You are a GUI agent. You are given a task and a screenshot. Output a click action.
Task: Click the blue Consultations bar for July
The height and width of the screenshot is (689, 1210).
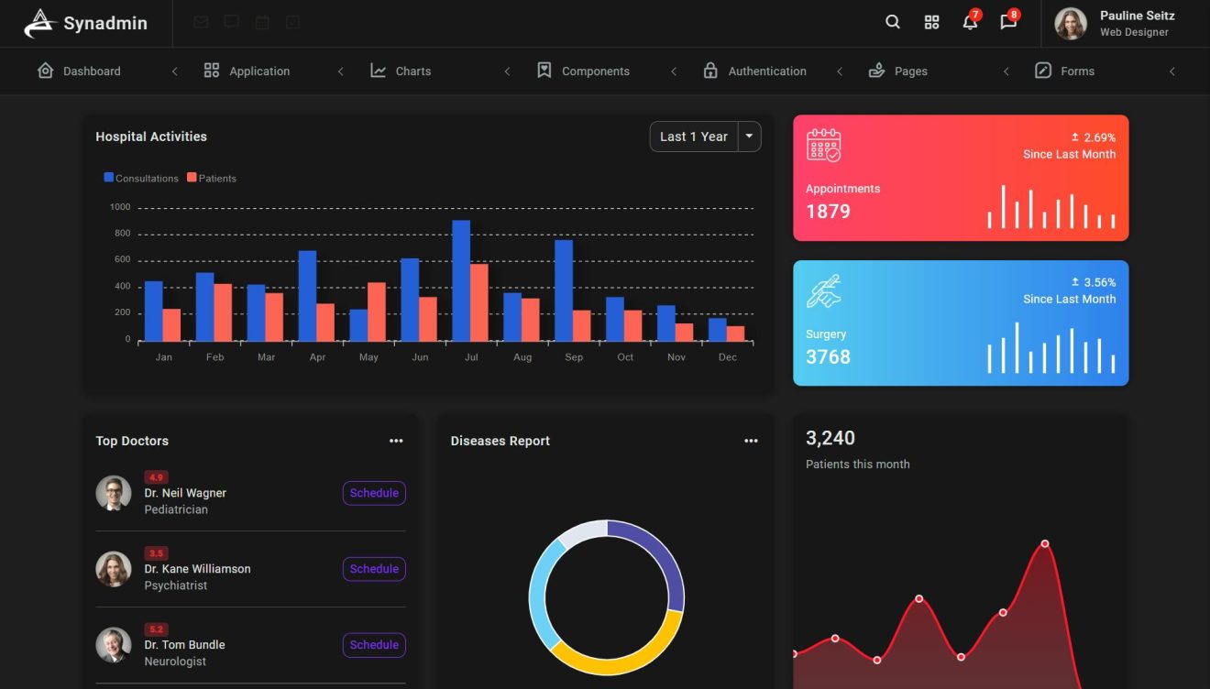(461, 280)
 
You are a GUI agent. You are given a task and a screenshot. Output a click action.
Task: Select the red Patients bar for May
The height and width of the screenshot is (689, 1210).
(377, 312)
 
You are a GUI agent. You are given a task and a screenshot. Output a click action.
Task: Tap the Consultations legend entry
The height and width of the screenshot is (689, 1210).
(141, 179)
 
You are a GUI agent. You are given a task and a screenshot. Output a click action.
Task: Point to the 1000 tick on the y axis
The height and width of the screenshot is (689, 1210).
(121, 207)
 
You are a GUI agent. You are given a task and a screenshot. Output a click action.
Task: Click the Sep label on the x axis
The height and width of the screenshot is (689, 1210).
(574, 357)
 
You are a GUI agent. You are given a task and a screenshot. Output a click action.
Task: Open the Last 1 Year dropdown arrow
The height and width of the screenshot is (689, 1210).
(749, 137)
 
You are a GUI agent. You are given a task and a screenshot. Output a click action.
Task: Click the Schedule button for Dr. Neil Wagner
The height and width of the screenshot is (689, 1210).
(374, 493)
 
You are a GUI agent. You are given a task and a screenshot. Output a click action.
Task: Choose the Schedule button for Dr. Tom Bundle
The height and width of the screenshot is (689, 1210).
(374, 645)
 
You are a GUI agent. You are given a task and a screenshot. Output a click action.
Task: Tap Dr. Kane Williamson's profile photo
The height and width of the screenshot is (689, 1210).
(114, 569)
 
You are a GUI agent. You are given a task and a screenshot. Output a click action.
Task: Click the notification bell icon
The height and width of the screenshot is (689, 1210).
(970, 23)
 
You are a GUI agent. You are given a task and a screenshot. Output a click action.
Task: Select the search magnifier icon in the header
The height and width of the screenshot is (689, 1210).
(893, 23)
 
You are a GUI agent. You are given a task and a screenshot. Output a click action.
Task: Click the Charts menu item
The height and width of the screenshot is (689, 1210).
(412, 71)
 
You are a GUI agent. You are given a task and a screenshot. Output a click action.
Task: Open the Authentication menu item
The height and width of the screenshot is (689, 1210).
(766, 71)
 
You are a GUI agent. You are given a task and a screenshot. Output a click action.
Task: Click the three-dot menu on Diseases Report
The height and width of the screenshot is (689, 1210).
(751, 441)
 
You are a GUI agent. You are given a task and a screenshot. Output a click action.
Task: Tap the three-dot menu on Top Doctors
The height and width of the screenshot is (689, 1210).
(396, 441)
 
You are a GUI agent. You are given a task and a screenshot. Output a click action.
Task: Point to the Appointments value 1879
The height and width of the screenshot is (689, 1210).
(828, 212)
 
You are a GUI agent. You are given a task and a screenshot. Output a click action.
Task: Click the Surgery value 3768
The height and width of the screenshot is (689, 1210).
(828, 357)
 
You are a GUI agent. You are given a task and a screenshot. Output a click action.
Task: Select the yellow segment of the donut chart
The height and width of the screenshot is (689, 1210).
(623, 651)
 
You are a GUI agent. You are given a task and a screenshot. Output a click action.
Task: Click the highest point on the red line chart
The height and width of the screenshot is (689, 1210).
(1044, 544)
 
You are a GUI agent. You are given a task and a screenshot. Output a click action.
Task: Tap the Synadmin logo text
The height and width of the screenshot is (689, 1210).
(104, 24)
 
